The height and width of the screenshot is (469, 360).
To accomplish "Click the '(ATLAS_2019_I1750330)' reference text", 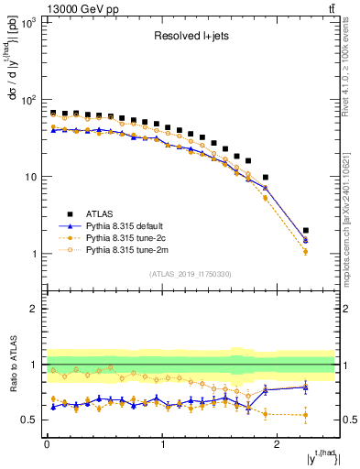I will coord(190,274).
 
